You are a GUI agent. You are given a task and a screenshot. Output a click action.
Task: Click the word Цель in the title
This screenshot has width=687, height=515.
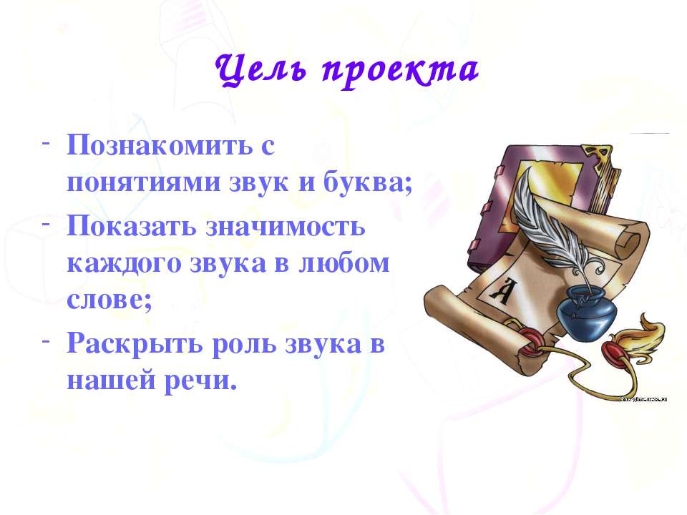coord(261,70)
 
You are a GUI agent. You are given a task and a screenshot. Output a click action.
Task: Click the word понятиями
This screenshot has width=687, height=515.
coord(143,181)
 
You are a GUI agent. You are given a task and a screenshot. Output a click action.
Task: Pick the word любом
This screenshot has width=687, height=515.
coord(344,263)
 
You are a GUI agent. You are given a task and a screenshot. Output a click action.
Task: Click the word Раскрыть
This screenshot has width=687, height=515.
coord(135,345)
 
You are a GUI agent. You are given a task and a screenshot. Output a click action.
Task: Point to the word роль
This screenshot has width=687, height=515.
coord(244,345)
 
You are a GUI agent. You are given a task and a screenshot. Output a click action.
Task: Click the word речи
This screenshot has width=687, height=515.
coord(200,381)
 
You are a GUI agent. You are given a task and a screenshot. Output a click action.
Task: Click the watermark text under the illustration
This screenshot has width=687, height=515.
coord(644,399)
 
